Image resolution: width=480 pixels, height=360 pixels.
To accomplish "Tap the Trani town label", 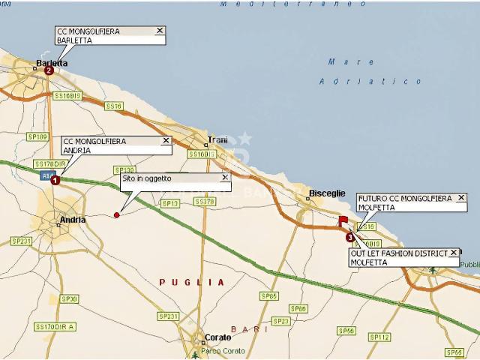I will point(217,139).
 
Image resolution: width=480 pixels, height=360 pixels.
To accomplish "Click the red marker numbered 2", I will point(49,70).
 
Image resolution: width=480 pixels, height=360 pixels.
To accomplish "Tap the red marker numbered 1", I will point(54,180).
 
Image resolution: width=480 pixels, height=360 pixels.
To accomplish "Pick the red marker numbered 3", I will point(349,238).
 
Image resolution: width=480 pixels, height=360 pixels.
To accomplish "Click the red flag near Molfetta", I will point(343,220).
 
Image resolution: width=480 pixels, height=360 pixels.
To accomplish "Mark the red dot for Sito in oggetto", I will point(116,215).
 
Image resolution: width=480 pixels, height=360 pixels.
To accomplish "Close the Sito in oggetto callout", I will point(224,178).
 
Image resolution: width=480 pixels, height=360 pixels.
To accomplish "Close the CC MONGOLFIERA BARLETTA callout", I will point(159,31).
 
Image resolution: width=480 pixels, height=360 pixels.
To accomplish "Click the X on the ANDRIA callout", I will point(166,140).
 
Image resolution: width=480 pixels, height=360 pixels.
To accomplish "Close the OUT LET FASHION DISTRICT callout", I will point(453,253).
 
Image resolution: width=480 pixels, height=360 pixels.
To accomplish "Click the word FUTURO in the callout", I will point(373,198).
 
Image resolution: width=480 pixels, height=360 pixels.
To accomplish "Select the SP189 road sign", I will point(37,136).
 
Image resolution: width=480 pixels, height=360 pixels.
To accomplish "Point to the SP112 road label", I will point(382,337).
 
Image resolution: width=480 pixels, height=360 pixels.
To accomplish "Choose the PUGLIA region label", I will point(192,282).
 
